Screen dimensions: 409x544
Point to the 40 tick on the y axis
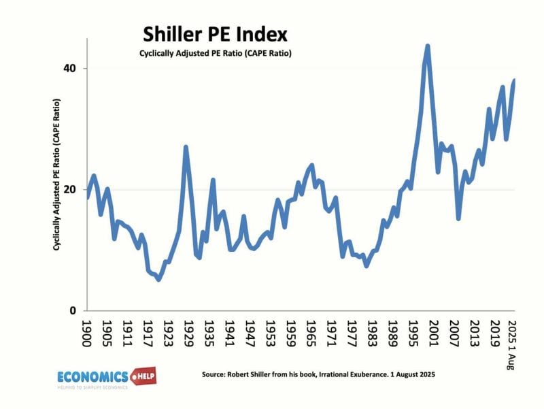[70, 69]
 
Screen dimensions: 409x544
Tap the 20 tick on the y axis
[70, 190]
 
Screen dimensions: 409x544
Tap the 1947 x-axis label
[250, 333]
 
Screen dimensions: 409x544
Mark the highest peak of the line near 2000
[427, 46]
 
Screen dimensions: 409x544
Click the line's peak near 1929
[186, 147]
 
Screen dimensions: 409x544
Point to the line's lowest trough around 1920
[158, 279]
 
